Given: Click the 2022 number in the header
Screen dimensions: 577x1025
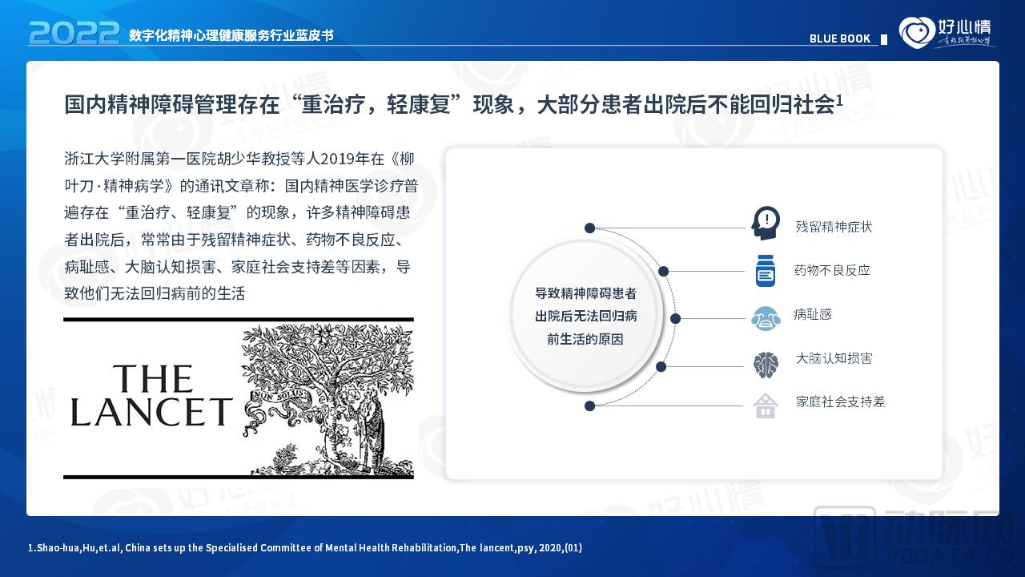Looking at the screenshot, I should coord(74,33).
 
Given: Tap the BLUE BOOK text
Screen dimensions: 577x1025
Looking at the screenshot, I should coord(839,38).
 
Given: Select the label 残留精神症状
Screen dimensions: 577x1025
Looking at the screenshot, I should coord(834,227).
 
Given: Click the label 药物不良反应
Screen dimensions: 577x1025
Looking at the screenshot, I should coord(832,271).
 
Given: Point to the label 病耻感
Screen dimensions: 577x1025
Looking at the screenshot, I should coord(813,315).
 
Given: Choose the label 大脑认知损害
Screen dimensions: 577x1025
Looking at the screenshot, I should coord(834,358).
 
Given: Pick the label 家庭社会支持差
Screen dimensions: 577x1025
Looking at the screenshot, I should coord(840,401).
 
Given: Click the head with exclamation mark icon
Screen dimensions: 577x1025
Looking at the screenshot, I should coord(766,223).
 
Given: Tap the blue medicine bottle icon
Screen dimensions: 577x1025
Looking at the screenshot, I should coord(766,271).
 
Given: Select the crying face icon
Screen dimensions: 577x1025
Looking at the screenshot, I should coord(766,318).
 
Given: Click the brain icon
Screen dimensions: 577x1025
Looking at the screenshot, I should coord(766,365).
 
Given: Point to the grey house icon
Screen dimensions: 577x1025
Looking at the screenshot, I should coord(766,406).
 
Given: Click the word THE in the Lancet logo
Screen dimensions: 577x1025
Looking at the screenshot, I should coord(153,379).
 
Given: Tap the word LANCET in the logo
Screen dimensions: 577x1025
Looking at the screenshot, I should coord(151,411).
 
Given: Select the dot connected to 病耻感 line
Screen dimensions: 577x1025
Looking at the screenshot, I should coord(675,318).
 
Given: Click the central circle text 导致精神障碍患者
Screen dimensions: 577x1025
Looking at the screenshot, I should coord(585,293).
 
